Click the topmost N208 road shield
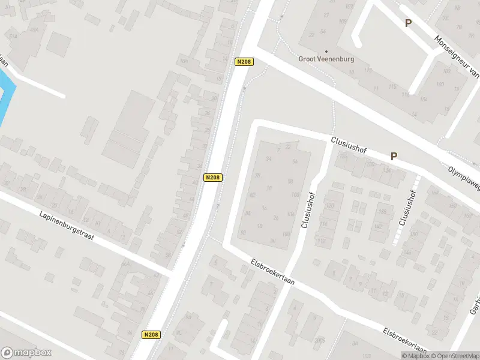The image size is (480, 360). (244, 62)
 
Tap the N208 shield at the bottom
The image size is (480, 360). (151, 335)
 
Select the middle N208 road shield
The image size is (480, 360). (213, 178)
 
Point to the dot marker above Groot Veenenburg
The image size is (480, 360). (326, 51)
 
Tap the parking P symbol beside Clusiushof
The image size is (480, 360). (394, 156)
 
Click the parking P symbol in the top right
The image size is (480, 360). (408, 23)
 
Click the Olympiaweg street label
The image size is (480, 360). (464, 179)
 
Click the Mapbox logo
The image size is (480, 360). (26, 353)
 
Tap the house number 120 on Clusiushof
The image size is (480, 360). (329, 206)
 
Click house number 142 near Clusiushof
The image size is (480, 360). (377, 226)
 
